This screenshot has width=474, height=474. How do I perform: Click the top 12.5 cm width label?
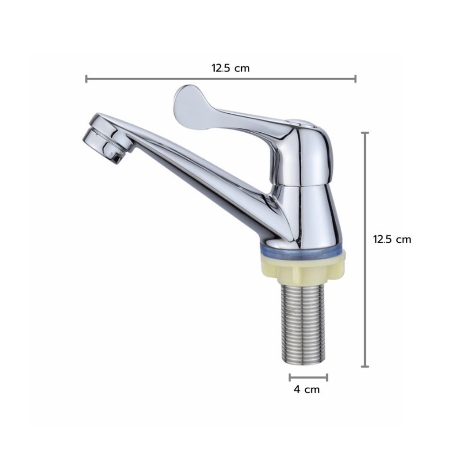231,68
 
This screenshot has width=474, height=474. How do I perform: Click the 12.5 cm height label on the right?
392,239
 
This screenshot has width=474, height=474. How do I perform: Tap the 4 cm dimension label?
307,389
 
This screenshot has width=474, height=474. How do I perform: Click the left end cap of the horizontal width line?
86,79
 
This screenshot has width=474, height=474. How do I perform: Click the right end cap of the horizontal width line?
355,79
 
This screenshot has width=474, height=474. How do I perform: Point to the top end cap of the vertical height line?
365,133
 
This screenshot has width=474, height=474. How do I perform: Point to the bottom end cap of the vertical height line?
365,367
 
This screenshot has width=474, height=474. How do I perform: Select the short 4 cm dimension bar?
309,377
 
